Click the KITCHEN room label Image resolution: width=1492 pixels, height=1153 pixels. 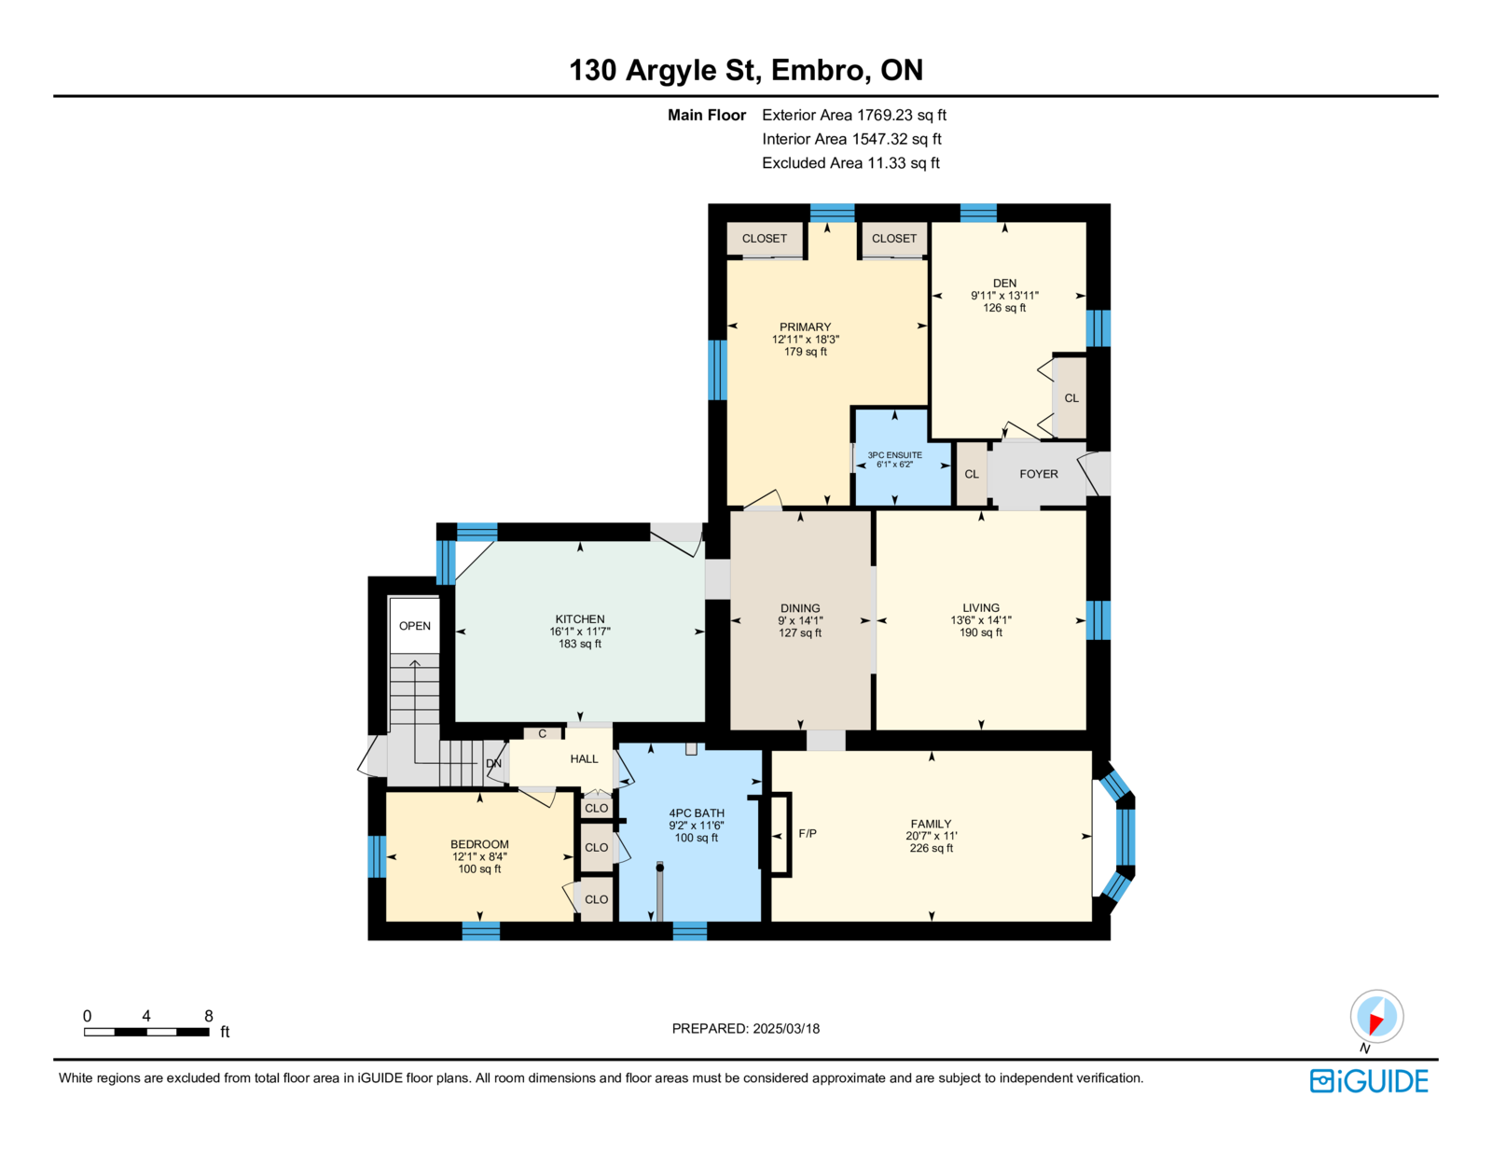579,618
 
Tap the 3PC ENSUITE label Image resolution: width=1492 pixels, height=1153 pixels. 894,454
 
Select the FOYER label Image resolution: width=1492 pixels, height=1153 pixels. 1038,474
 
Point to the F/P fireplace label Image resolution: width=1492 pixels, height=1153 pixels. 808,834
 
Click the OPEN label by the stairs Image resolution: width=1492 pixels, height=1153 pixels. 415,626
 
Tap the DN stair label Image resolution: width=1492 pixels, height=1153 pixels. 493,764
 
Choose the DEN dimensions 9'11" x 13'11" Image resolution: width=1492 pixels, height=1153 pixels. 1003,296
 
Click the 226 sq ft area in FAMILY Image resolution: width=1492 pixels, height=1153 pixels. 931,848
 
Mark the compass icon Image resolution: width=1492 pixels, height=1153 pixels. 1376,1017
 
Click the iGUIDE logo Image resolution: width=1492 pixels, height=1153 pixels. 1368,1081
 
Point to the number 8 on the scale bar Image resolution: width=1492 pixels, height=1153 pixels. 209,1016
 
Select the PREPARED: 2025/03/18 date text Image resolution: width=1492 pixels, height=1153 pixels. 746,1028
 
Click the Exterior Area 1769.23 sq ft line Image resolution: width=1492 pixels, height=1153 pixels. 854,115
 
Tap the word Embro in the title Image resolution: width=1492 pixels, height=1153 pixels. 817,69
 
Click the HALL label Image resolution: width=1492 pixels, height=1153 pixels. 584,758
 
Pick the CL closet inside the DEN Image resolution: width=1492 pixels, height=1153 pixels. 1071,398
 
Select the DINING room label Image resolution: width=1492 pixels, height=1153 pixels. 800,607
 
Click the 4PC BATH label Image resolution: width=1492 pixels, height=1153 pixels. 697,813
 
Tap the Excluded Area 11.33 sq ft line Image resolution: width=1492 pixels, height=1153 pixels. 850,162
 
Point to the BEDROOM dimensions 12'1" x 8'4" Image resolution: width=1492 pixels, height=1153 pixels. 479,856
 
